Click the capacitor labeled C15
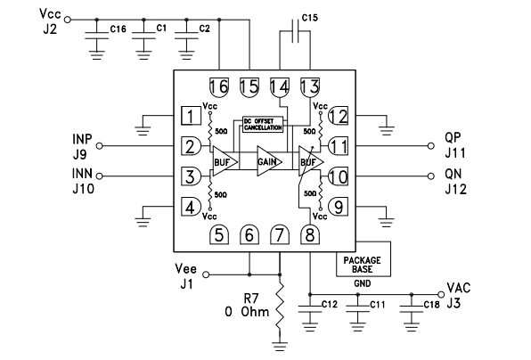point(296,31)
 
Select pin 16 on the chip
point(219,87)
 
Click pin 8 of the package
point(310,234)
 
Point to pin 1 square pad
point(191,116)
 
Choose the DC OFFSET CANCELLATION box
point(263,124)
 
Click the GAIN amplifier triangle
point(269,161)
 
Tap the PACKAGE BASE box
point(363,264)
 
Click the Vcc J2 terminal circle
point(68,20)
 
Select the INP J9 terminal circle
point(99,146)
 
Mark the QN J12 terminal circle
point(430,176)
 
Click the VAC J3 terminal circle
point(441,294)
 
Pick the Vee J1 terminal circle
point(205,274)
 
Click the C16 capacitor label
point(118,29)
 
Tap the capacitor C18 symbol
point(411,308)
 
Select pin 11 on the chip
point(339,146)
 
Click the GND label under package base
point(363,283)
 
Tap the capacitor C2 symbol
point(186,36)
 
